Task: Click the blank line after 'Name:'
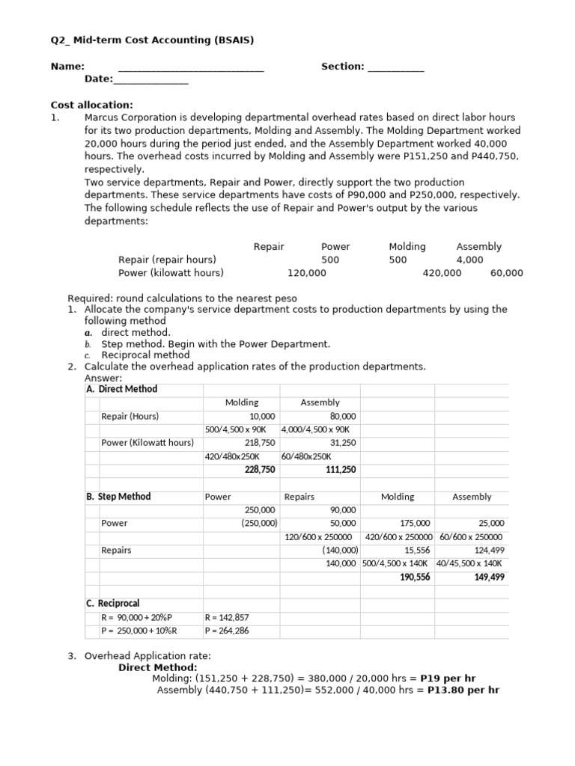click(x=191, y=68)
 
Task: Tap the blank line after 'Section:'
click(x=396, y=68)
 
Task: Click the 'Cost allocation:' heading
click(x=91, y=105)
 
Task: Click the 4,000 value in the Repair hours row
click(x=469, y=260)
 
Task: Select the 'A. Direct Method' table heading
click(x=122, y=389)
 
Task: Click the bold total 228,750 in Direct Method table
click(x=260, y=469)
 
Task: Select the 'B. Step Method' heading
click(x=118, y=497)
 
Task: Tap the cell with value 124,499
click(x=489, y=550)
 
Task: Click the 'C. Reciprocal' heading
click(x=113, y=604)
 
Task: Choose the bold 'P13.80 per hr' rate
click(x=463, y=690)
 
